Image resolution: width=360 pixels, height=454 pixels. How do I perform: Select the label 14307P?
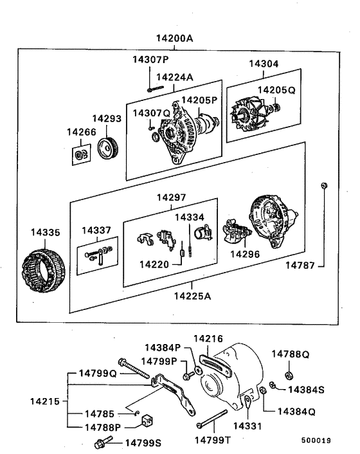click(x=150, y=60)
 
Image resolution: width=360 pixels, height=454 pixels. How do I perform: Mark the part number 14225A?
click(x=193, y=296)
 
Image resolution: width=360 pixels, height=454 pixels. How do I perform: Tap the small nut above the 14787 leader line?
click(x=324, y=186)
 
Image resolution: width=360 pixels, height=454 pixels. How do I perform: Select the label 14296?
click(x=245, y=254)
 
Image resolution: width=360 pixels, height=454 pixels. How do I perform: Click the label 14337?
click(x=96, y=230)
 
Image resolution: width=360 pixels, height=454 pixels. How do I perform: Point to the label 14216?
click(x=208, y=338)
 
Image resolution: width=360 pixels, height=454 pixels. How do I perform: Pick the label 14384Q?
click(x=296, y=410)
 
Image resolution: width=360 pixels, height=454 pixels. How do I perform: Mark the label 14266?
click(x=81, y=132)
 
